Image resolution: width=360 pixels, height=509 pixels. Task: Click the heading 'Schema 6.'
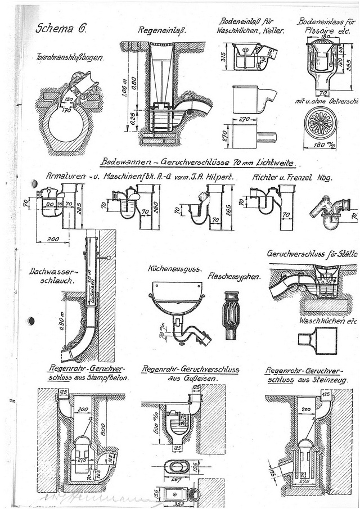pyautogui.click(x=55, y=29)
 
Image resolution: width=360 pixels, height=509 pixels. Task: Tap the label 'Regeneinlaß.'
pyautogui.click(x=161, y=30)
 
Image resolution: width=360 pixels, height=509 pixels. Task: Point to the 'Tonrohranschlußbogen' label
pyautogui.click(x=66, y=58)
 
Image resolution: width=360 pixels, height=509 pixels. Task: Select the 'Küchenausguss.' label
pyautogui.click(x=175, y=269)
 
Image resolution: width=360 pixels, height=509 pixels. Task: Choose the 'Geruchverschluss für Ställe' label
pyautogui.click(x=312, y=254)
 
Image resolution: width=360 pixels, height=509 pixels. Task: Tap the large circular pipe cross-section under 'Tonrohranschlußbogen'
pyautogui.click(x=66, y=124)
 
